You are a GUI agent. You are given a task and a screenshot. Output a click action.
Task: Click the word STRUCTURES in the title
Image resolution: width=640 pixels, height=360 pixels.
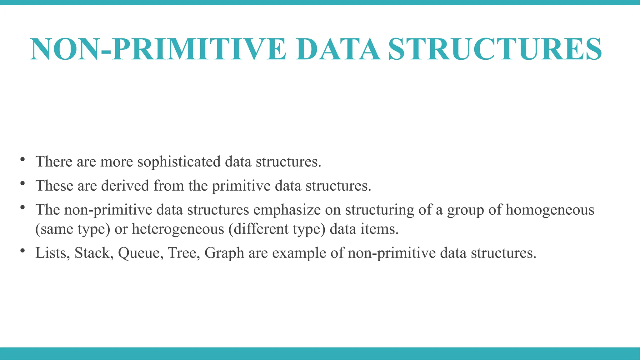(495, 49)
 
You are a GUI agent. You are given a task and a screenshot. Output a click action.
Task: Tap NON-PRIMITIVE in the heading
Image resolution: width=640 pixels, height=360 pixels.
(158, 49)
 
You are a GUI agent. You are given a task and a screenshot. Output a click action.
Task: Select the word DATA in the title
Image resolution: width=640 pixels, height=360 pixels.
(338, 49)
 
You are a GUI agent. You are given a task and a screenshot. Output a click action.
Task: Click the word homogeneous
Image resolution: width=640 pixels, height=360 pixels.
(550, 210)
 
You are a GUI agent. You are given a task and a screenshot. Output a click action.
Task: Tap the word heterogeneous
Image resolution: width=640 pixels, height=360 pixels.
(178, 229)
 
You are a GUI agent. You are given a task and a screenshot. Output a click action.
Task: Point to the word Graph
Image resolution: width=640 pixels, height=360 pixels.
(224, 253)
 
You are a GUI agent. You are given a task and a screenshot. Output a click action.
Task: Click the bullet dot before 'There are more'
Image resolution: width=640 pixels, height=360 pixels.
(22, 159)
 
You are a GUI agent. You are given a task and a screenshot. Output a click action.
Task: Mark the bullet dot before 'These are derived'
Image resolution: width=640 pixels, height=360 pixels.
(22, 183)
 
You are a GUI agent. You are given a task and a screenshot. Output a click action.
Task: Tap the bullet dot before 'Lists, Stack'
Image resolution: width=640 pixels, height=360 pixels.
(22, 251)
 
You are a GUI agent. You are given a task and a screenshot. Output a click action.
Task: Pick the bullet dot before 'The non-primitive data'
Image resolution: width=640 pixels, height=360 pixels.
(22, 207)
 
